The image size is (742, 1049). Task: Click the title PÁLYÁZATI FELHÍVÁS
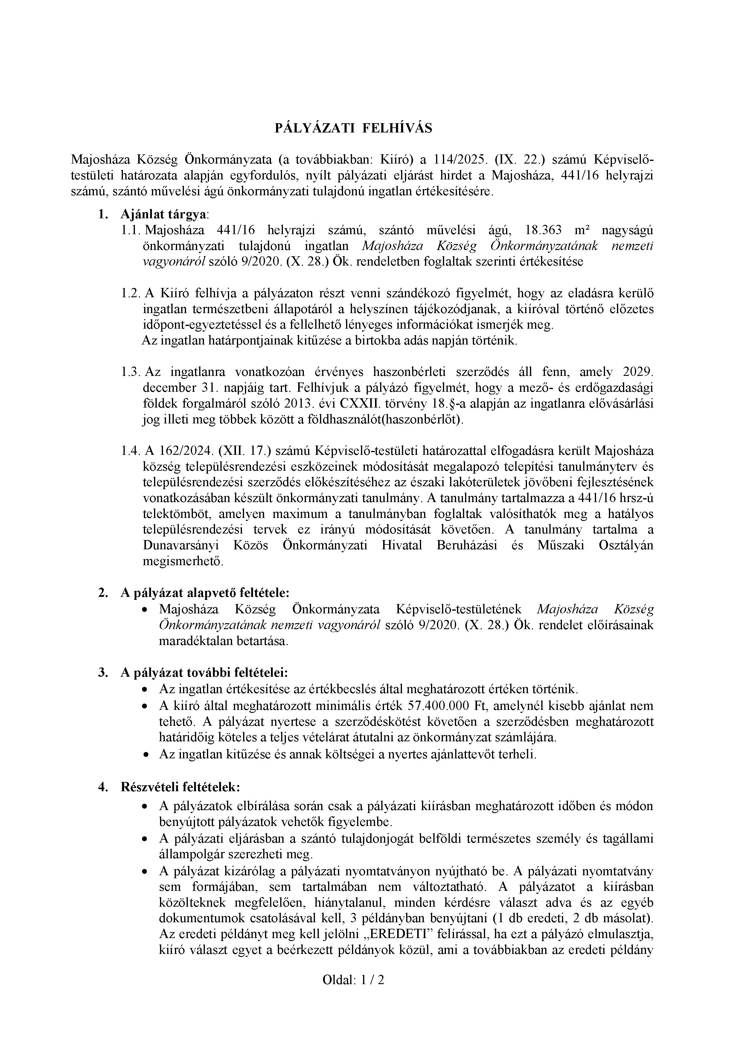coord(353,128)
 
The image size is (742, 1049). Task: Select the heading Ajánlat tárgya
coord(164,214)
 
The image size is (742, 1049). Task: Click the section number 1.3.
coord(130,372)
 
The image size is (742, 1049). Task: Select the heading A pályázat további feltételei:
coord(204,672)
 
